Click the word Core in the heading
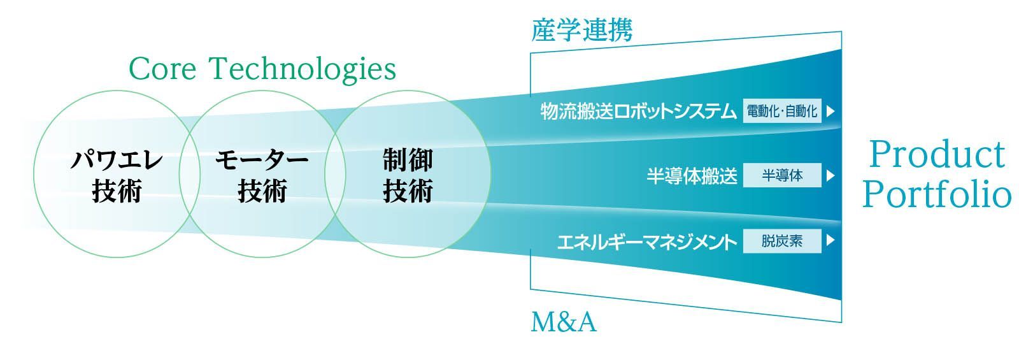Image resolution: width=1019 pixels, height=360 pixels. [162, 69]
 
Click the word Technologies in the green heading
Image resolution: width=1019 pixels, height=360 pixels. [303, 69]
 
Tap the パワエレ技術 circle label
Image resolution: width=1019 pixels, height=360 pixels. [117, 175]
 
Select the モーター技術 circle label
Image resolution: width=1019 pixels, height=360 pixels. [262, 175]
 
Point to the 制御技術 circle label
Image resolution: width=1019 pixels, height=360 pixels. [408, 175]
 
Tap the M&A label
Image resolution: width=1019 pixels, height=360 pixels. [564, 322]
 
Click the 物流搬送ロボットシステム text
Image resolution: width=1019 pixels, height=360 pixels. [638, 111]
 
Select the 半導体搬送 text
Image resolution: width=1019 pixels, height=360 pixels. [692, 176]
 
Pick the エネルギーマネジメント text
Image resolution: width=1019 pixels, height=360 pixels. [647, 241]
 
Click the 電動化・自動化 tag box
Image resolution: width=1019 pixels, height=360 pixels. [782, 111]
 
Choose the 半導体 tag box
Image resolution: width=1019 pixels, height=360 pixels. [782, 175]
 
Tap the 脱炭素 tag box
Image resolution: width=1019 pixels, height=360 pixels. [782, 241]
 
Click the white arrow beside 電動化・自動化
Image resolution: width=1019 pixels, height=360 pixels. [830, 111]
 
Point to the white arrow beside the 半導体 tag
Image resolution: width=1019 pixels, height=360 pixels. [830, 175]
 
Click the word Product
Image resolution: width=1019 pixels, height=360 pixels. [937, 155]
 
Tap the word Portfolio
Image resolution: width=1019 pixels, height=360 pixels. [937, 194]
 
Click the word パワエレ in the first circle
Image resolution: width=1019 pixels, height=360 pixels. [117, 160]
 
